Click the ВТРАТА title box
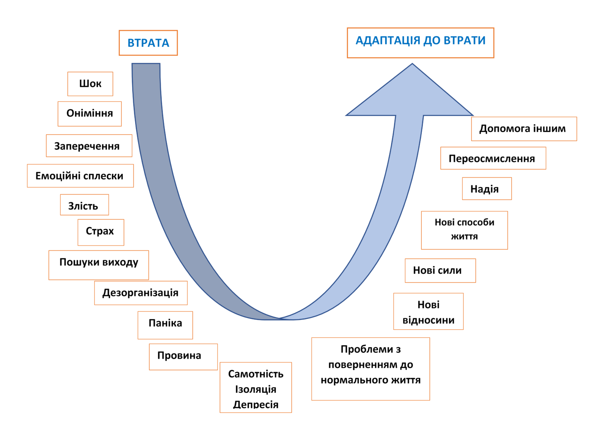148,43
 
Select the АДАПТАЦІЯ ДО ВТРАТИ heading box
420,43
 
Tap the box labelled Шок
90,84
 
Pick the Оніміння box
89,113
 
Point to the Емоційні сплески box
80,176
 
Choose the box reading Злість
85,205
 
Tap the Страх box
101,232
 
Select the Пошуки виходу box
99,265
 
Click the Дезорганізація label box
141,293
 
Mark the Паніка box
165,325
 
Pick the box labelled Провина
183,357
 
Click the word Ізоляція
255,389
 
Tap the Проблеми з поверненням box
371,369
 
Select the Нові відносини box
428,311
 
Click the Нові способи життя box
464,230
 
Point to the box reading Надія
487,188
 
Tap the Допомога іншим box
524,129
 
